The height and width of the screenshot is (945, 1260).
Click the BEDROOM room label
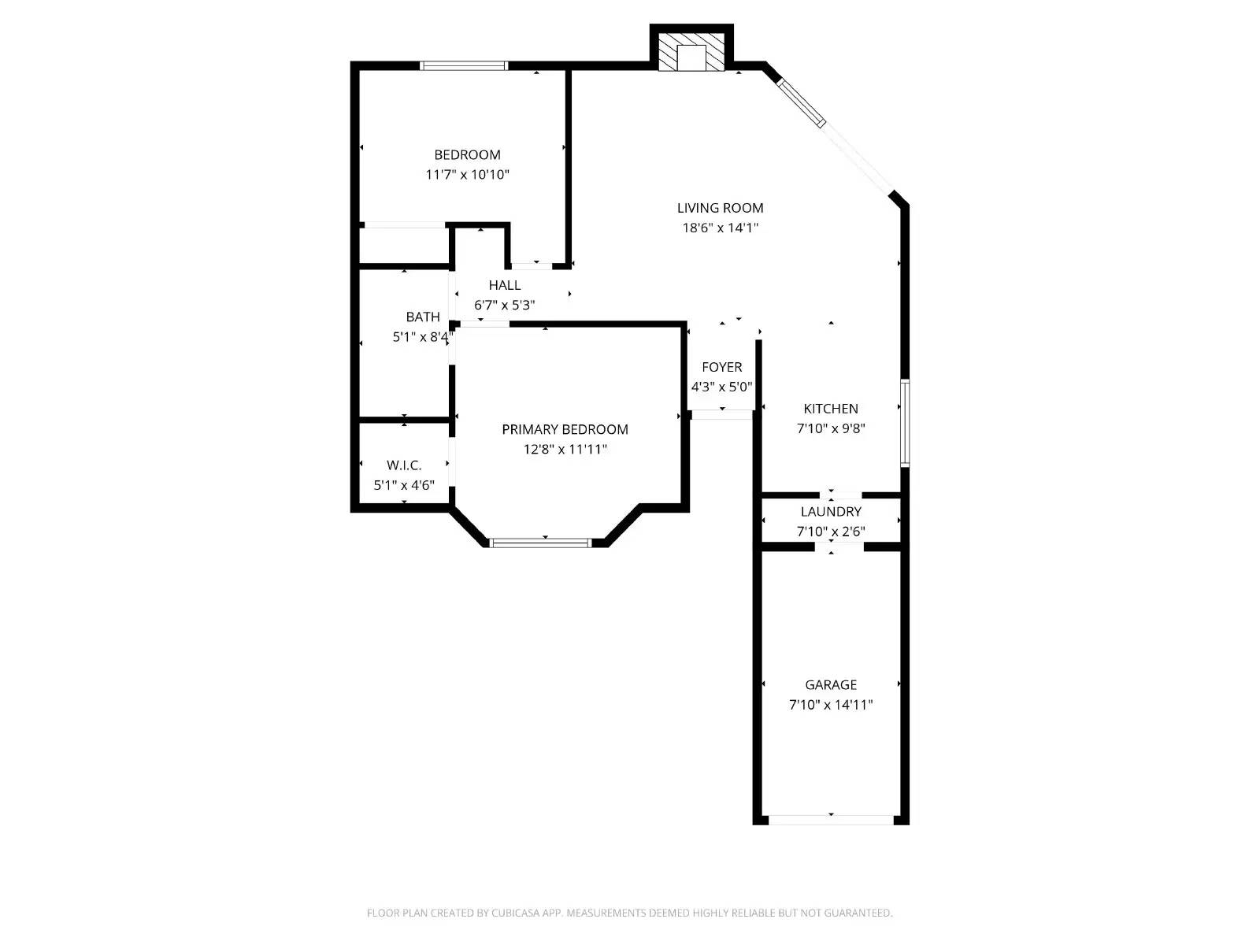pyautogui.click(x=467, y=155)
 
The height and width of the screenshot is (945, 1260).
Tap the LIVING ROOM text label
pyautogui.click(x=720, y=208)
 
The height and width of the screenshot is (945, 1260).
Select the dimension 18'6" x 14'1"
pyautogui.click(x=720, y=228)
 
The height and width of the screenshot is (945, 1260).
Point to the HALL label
pyautogui.click(x=504, y=285)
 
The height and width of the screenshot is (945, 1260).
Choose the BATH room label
pyautogui.click(x=423, y=317)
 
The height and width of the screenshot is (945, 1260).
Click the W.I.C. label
pyautogui.click(x=404, y=465)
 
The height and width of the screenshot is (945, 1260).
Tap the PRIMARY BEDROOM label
pyautogui.click(x=565, y=429)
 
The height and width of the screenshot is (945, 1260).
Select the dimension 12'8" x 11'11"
pyautogui.click(x=565, y=450)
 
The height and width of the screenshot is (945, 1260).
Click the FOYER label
pyautogui.click(x=721, y=367)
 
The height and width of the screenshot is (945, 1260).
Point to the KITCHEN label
pyautogui.click(x=830, y=409)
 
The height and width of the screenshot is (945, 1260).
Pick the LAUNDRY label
pyautogui.click(x=830, y=512)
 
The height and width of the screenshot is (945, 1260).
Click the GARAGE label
pyautogui.click(x=830, y=685)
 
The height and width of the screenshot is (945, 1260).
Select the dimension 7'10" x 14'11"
pyautogui.click(x=830, y=705)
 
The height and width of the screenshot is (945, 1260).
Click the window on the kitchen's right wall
pyautogui.click(x=905, y=423)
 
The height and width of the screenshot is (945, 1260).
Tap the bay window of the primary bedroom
pyautogui.click(x=540, y=543)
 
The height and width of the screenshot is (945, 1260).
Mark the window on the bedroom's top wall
pyautogui.click(x=463, y=65)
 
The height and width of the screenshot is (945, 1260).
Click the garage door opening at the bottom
pyautogui.click(x=831, y=820)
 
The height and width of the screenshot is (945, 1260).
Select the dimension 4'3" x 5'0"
pyautogui.click(x=721, y=387)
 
